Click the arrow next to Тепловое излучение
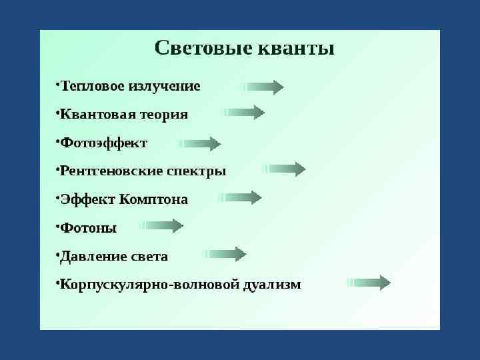(x=264, y=87)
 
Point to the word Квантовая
(x=90, y=115)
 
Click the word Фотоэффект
(x=103, y=143)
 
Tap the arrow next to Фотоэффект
(x=200, y=143)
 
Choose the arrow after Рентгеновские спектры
(x=285, y=169)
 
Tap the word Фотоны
(x=88, y=228)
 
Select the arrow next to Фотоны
(x=161, y=226)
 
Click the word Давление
(x=93, y=256)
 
